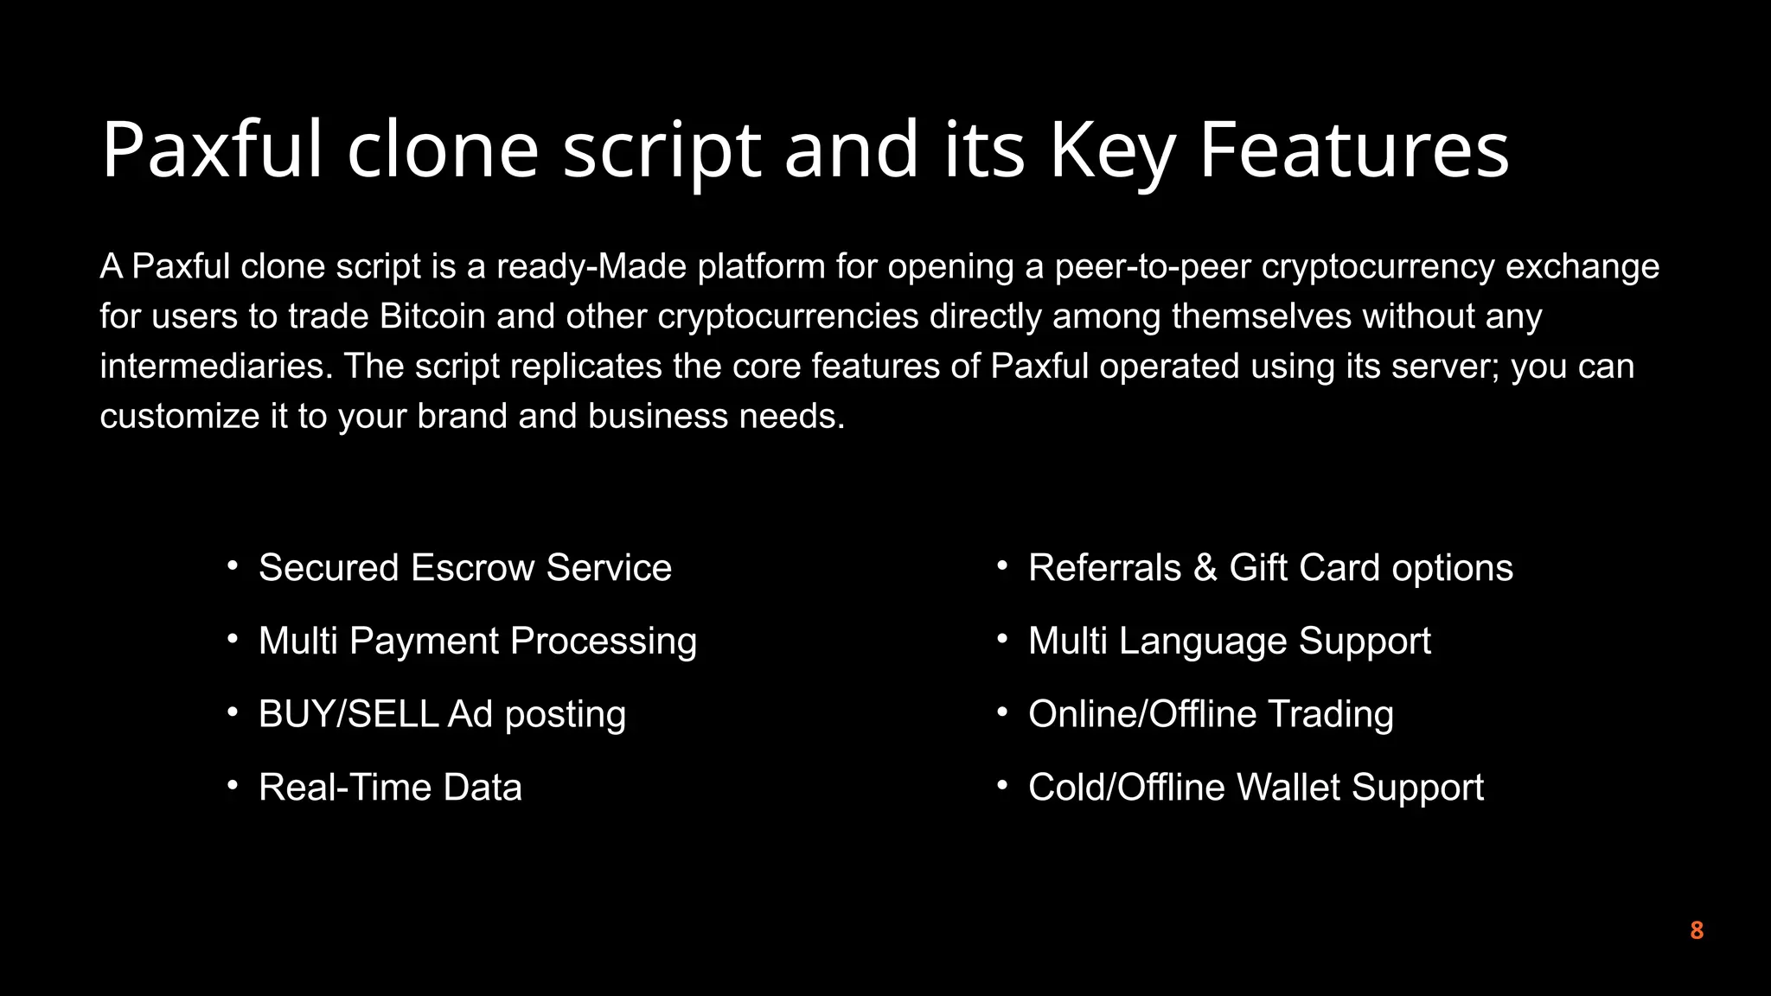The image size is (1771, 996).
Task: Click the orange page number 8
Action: [1696, 930]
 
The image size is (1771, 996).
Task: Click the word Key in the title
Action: [1112, 150]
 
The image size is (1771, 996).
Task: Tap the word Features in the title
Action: [1353, 150]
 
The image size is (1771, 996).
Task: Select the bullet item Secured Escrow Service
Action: [464, 568]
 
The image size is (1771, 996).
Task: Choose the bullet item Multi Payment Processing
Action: [477, 642]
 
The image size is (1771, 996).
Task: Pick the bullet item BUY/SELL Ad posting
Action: [442, 714]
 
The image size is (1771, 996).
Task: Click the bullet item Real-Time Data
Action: [390, 788]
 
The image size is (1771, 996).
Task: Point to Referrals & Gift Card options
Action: [1270, 568]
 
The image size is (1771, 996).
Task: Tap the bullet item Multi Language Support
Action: [1229, 642]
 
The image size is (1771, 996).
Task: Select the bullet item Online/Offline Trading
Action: [1211, 714]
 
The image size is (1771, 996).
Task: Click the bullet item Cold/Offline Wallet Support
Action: [1256, 788]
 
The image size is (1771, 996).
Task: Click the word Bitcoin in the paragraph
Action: [432, 316]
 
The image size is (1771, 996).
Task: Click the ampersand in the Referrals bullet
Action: [1205, 568]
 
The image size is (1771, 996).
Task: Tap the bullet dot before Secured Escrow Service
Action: [232, 566]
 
